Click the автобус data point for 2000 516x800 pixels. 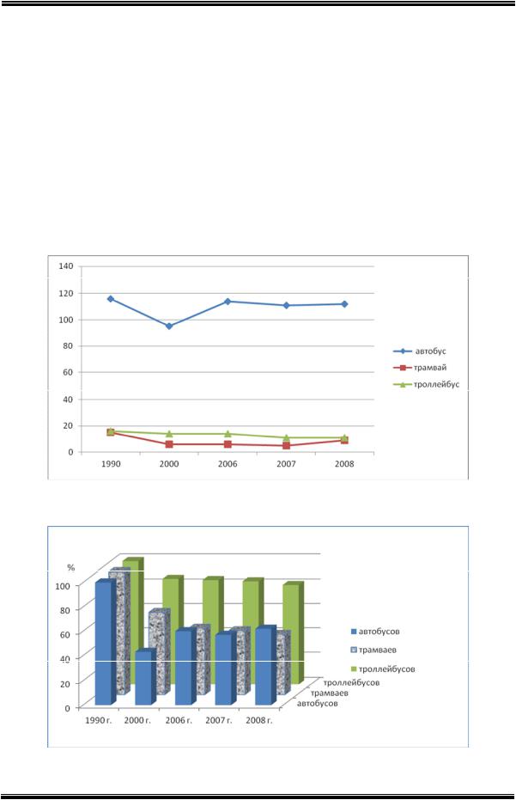[x=168, y=327]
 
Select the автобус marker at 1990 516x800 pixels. [x=110, y=299]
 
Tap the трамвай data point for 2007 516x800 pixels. [x=286, y=446]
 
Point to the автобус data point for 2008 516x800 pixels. [x=344, y=304]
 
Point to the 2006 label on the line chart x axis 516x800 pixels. [x=228, y=465]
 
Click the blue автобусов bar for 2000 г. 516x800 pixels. [x=144, y=679]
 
